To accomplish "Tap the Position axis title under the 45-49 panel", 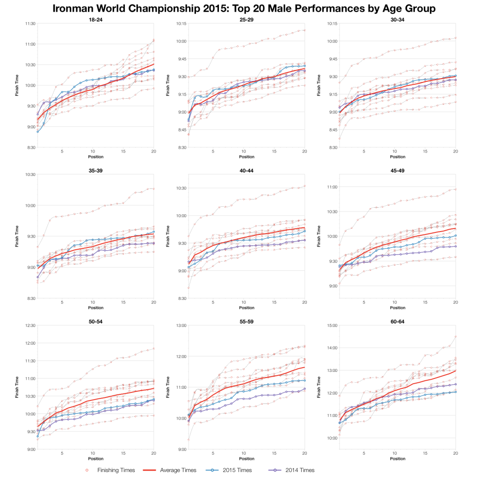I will pos(398,308).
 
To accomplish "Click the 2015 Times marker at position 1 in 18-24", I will pos(37,131).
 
